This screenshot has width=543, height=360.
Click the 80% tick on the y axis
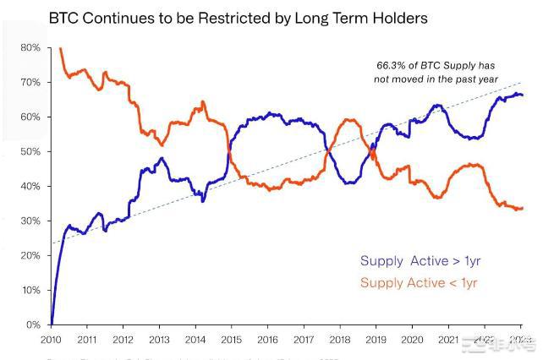[x=30, y=48]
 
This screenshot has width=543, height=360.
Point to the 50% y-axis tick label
[x=30, y=152]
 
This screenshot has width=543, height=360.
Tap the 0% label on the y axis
[x=32, y=325]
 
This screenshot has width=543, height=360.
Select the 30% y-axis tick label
[x=30, y=221]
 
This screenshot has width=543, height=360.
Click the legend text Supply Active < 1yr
[x=419, y=282]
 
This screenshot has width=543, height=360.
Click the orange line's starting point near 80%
[x=60, y=49]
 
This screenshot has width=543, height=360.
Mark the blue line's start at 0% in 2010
[x=52, y=324]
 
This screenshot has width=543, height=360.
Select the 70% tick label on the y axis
[x=30, y=83]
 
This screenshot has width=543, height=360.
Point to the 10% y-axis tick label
[x=30, y=291]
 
